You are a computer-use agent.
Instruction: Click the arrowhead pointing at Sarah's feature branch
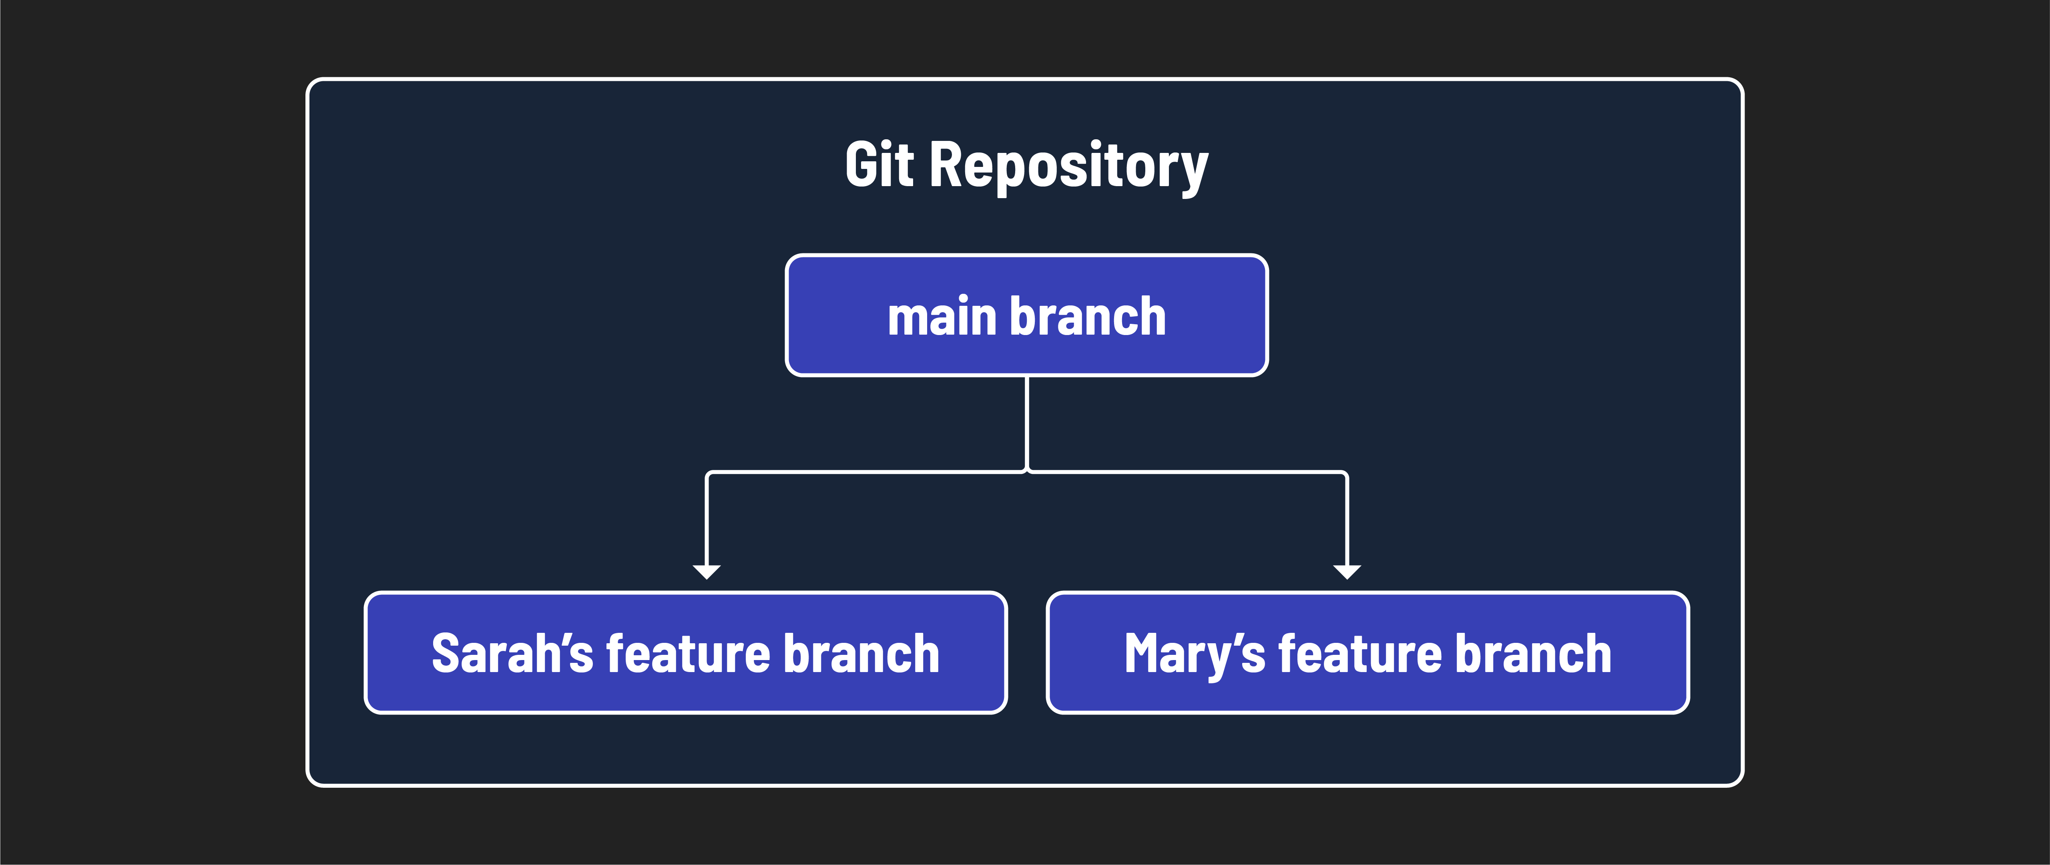point(707,571)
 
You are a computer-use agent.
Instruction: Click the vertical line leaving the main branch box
point(1027,422)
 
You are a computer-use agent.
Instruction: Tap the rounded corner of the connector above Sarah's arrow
point(708,474)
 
